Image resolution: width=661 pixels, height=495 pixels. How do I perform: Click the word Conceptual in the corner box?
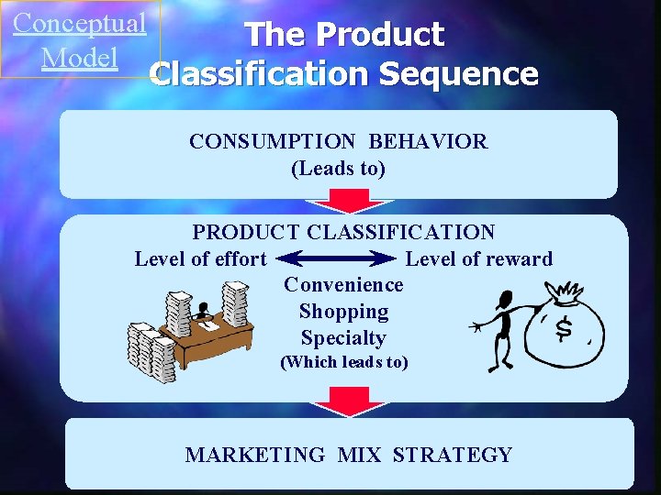pyautogui.click(x=80, y=23)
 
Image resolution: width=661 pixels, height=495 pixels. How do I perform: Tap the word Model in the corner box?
pyautogui.click(x=80, y=57)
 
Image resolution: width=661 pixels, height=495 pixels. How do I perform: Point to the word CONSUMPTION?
pyautogui.click(x=272, y=141)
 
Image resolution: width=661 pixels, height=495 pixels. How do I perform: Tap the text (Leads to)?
pyautogui.click(x=338, y=169)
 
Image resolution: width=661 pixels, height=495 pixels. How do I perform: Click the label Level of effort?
pyautogui.click(x=200, y=259)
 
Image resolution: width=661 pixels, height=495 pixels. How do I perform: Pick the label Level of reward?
pyautogui.click(x=479, y=259)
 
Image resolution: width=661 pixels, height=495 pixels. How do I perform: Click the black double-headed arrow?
pyautogui.click(x=335, y=259)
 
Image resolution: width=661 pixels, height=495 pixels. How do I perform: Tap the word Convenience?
pyautogui.click(x=343, y=285)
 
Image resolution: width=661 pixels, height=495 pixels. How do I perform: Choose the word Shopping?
pyautogui.click(x=343, y=312)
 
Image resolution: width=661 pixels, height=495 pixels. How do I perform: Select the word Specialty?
pyautogui.click(x=343, y=338)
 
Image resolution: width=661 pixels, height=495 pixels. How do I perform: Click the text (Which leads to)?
pyautogui.click(x=343, y=362)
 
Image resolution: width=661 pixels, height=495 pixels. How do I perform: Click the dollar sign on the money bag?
pyautogui.click(x=565, y=329)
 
